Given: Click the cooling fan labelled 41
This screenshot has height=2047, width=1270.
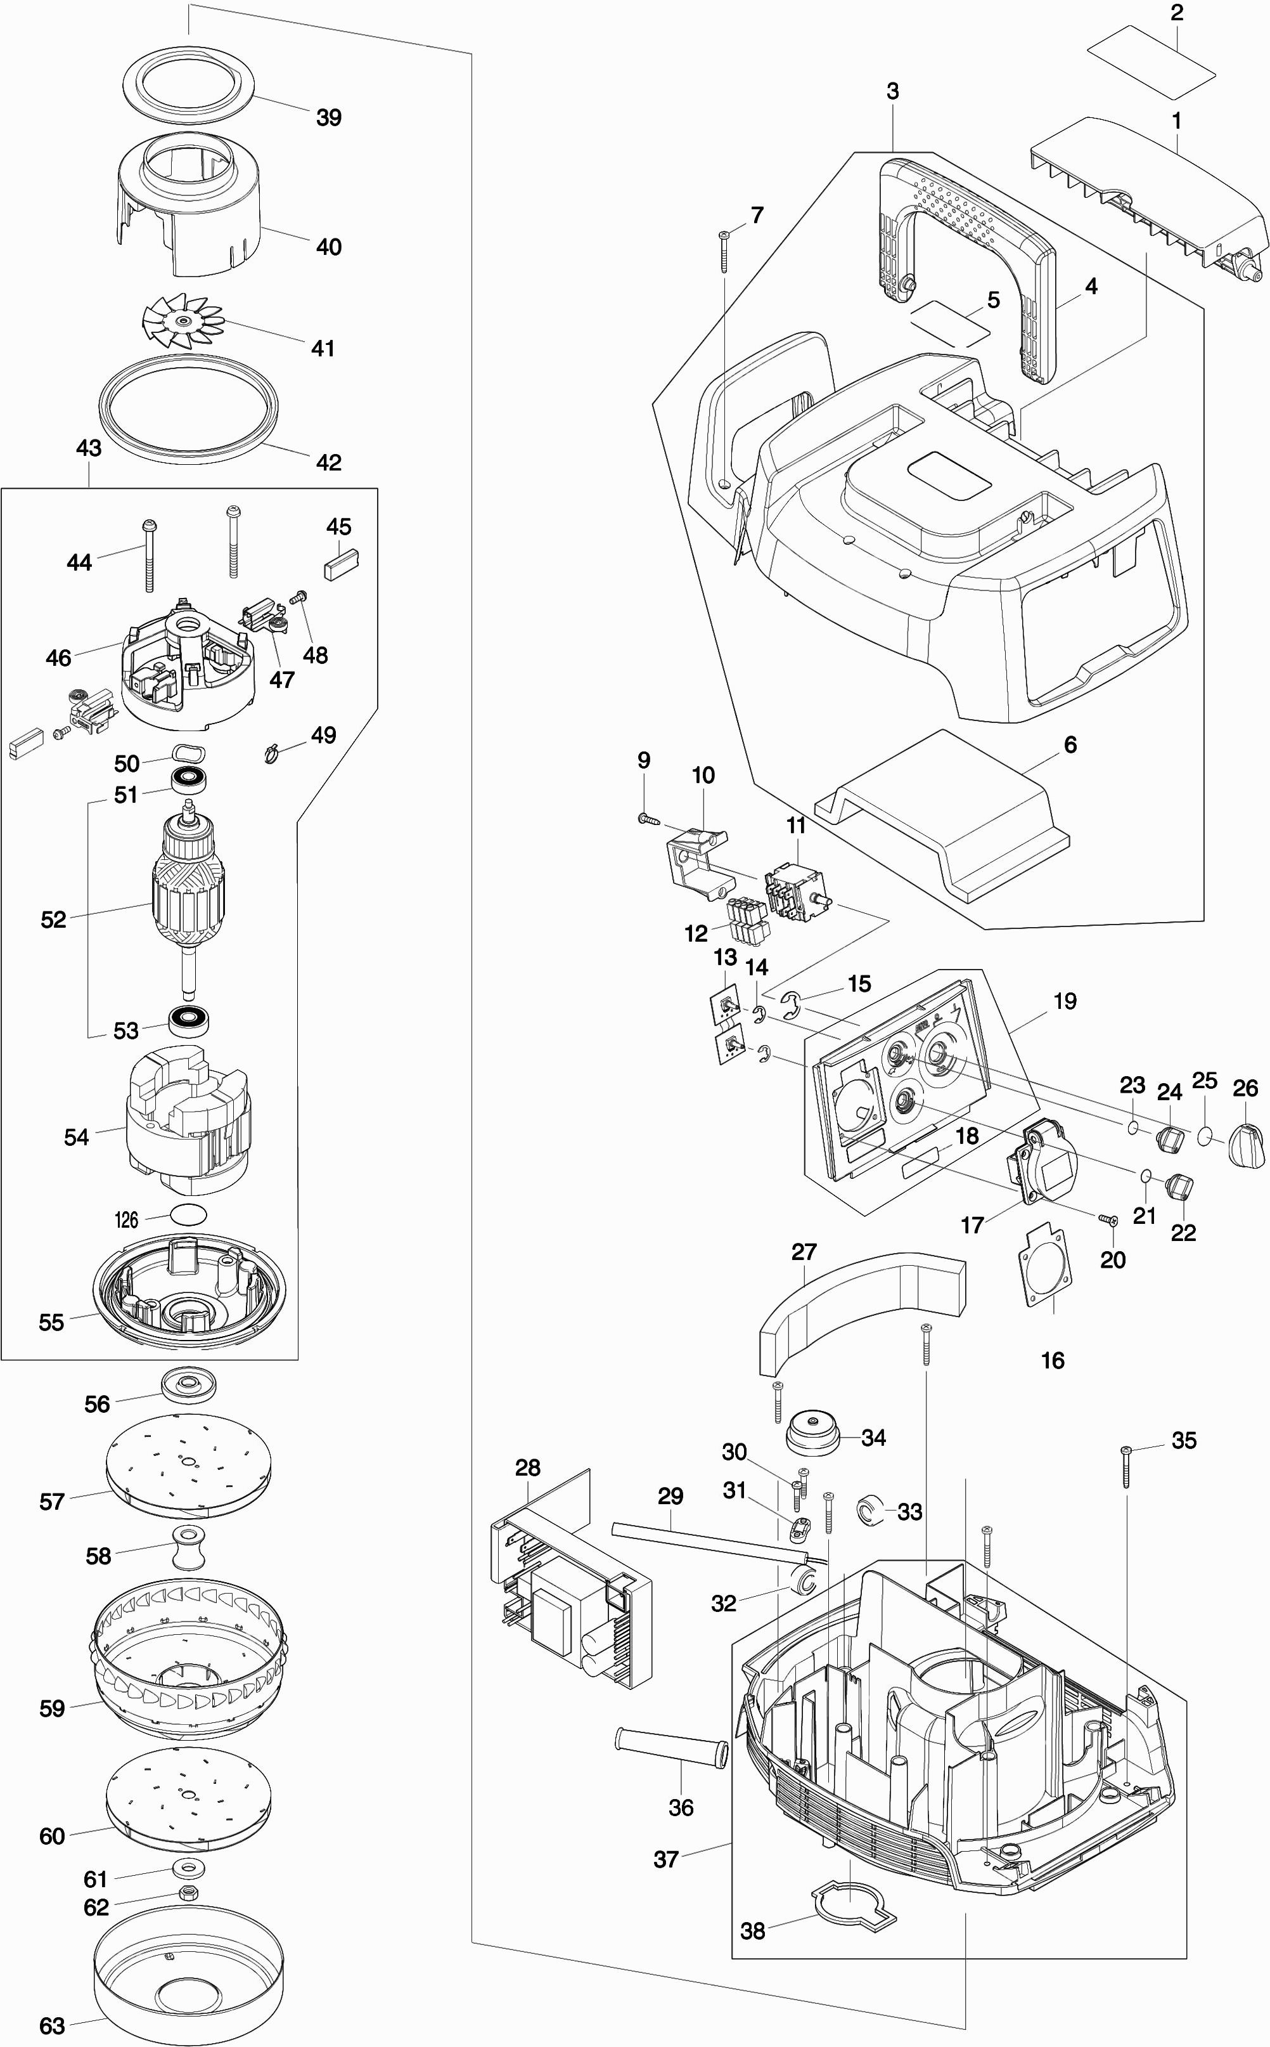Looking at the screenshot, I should click(x=181, y=318).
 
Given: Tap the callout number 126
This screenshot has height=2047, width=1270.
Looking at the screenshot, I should click(x=126, y=1219).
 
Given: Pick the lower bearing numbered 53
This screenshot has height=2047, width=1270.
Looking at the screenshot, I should click(x=191, y=1021).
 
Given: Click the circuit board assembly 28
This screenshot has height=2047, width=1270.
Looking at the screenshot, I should click(x=570, y=1592).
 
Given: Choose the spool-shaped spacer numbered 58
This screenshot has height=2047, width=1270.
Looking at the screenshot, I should click(x=188, y=1547).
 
